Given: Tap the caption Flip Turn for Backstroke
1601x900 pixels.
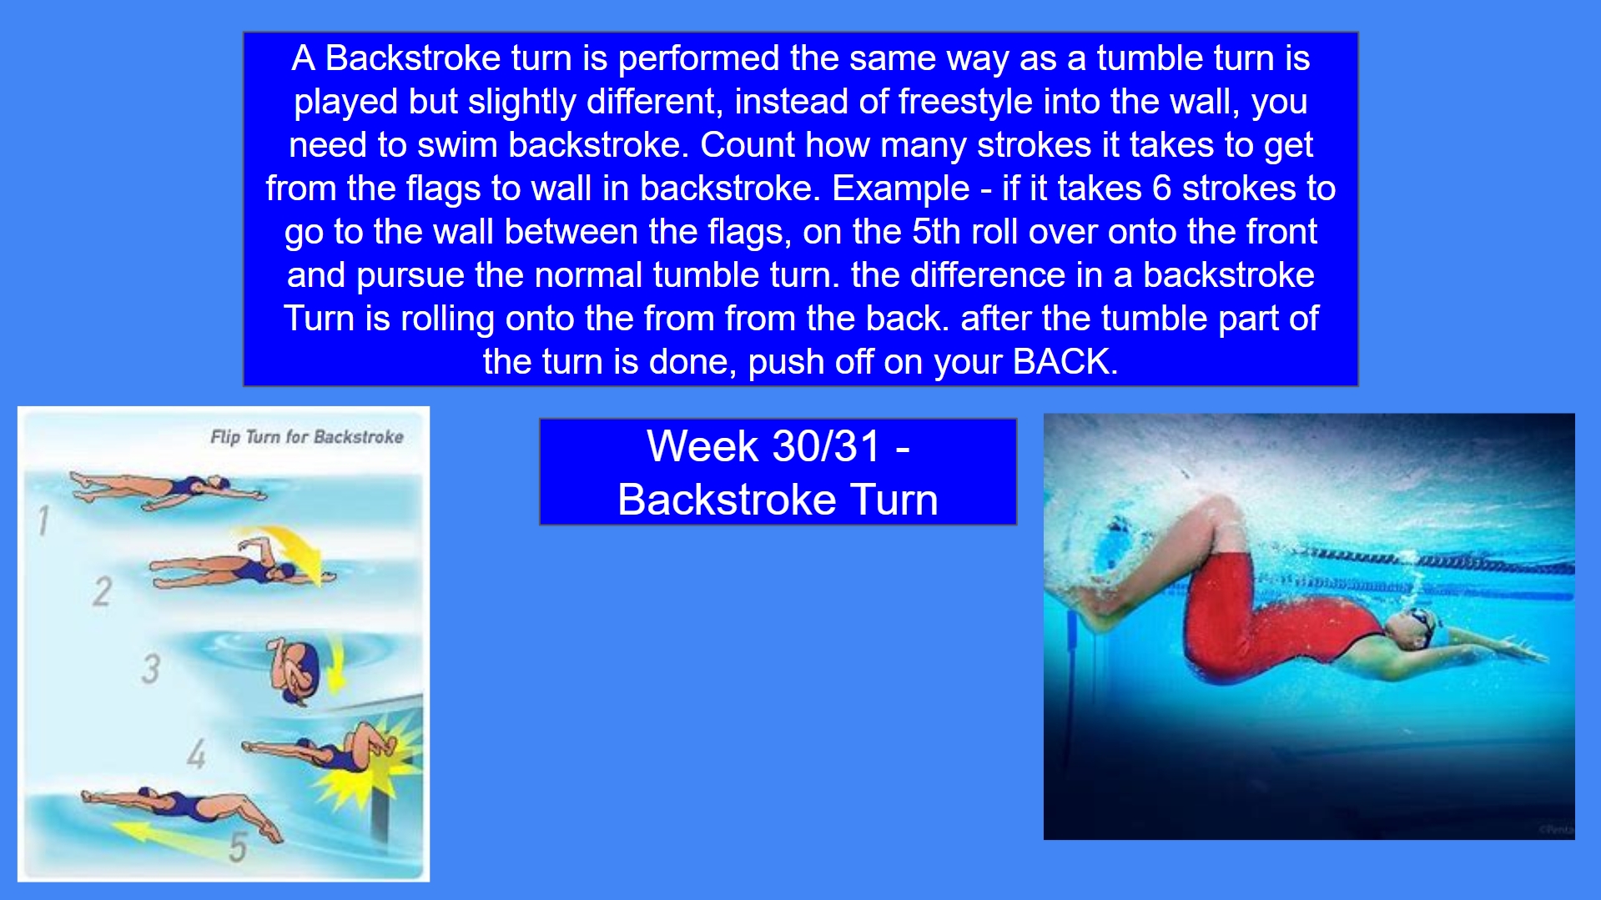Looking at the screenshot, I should (x=306, y=437).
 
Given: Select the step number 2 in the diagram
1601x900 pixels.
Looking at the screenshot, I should (x=102, y=591).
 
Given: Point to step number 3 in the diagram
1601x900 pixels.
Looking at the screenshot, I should (x=150, y=668).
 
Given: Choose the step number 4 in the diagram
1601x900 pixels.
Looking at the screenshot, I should (x=196, y=754).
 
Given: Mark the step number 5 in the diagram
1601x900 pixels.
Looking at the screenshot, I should (x=238, y=847).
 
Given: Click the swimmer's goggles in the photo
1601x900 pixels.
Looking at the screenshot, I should (x=1418, y=619).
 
